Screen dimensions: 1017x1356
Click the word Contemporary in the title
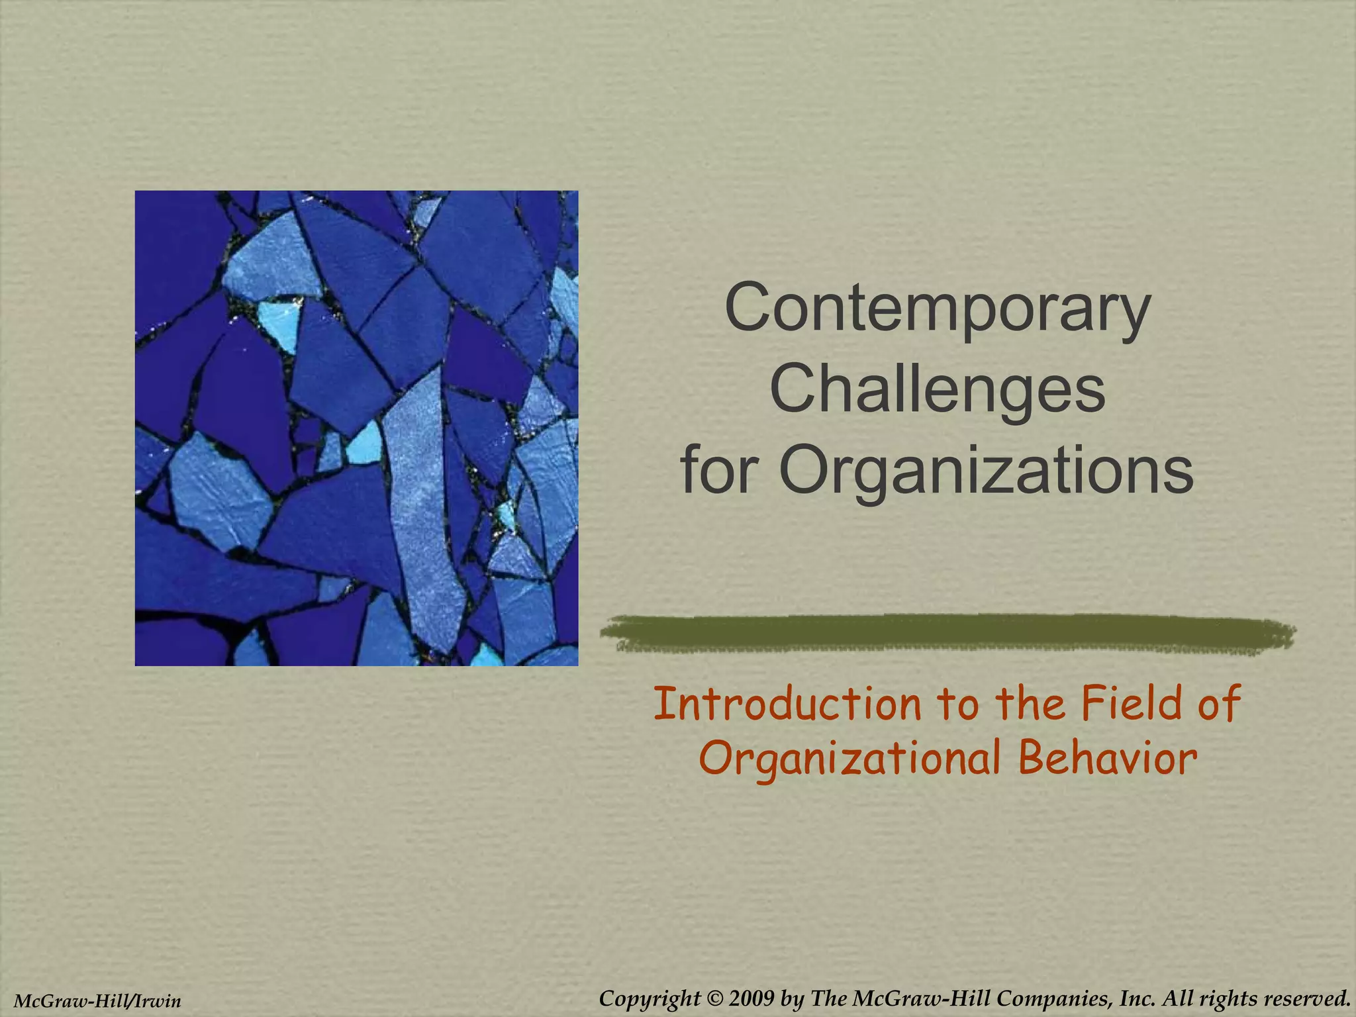[938, 310]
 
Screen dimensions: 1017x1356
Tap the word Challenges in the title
[938, 390]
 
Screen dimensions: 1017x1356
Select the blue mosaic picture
[356, 428]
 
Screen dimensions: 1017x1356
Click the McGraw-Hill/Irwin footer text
[97, 1001]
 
